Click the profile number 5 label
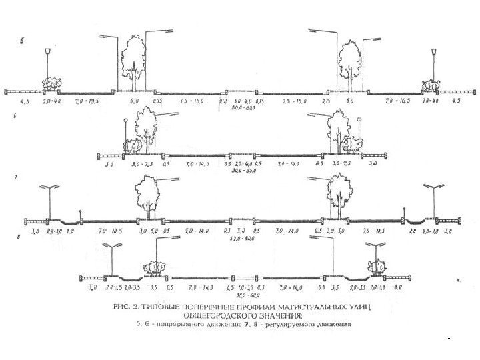tap(22, 41)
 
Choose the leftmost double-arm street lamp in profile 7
tap(49, 200)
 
